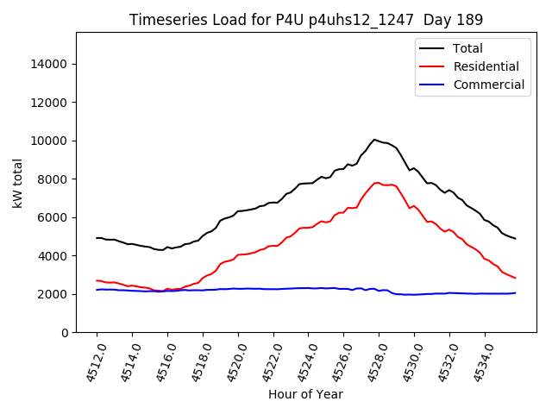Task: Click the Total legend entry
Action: click(x=467, y=48)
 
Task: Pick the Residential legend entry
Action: click(x=486, y=66)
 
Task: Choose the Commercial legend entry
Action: click(x=488, y=85)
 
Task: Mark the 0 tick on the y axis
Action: click(x=65, y=333)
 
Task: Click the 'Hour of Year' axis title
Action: click(x=305, y=394)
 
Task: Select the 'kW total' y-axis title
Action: click(x=17, y=183)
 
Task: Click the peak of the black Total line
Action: click(x=374, y=140)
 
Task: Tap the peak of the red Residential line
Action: click(x=377, y=182)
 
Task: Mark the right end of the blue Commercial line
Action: click(x=515, y=293)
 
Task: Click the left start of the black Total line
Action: click(x=97, y=238)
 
